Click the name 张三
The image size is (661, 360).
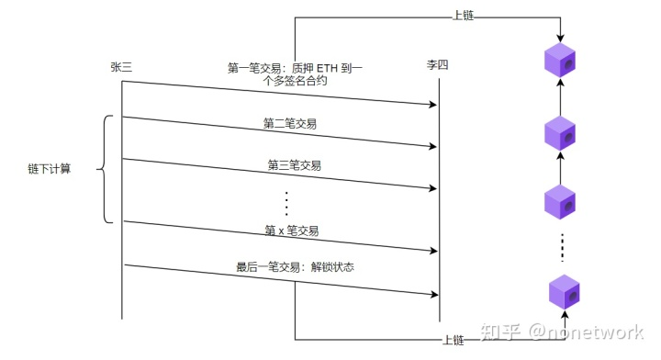coord(122,67)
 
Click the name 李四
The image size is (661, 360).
coord(438,67)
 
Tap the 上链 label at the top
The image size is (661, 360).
coord(465,17)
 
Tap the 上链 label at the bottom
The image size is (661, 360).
coord(453,340)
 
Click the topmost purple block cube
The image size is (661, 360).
coord(559,60)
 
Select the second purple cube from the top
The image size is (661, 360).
coord(559,133)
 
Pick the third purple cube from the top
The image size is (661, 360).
coord(559,201)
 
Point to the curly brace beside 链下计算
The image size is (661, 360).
coord(104,169)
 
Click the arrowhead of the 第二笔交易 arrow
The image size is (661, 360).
coord(431,145)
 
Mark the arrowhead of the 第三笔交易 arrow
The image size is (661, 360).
coord(431,187)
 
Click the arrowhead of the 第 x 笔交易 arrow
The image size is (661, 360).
coord(431,251)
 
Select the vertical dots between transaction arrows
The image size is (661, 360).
coord(286,203)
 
